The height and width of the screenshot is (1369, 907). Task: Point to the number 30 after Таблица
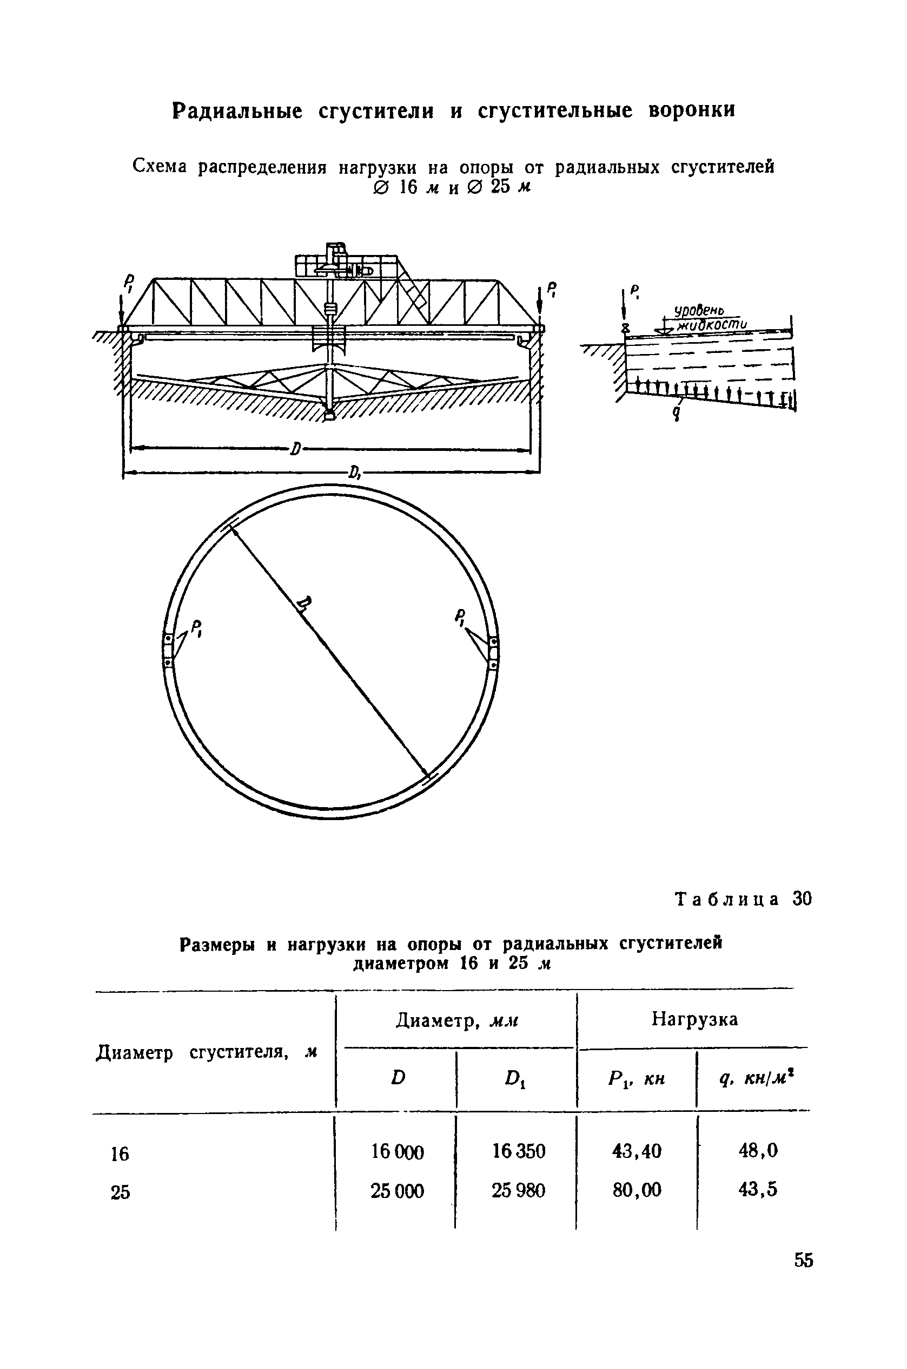pyautogui.click(x=802, y=899)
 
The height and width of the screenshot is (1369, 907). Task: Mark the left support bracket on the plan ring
pyautogui.click(x=168, y=651)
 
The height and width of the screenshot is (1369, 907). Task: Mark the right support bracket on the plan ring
pyautogui.click(x=493, y=653)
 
